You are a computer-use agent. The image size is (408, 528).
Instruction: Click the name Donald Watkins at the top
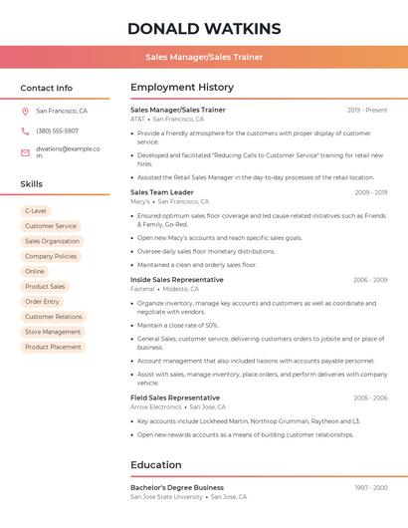204,28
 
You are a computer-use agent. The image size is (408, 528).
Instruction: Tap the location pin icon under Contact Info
25,111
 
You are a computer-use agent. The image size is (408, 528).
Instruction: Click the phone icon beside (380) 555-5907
25,131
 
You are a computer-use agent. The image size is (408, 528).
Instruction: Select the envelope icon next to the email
25,152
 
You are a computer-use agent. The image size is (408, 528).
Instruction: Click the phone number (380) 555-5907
57,131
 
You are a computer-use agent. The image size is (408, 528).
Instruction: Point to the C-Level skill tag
35,211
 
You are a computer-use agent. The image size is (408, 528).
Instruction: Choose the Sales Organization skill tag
52,241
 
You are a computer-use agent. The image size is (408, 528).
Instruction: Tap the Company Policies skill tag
51,256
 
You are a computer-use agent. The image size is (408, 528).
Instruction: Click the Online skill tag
35,271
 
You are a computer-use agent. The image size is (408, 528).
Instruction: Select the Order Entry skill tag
42,302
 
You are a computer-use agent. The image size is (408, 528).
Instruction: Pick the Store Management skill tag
53,332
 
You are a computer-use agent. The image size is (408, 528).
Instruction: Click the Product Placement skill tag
53,347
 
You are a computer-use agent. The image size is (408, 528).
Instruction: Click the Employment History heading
182,87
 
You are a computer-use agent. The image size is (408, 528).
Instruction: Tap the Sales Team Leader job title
162,192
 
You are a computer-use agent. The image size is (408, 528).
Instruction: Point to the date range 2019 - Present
367,110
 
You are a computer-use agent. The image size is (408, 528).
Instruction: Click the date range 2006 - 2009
370,280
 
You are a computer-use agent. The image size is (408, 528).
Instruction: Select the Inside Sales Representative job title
176,280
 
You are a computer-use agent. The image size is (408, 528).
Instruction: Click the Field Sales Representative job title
174,397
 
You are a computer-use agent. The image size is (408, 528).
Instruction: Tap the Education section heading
157,464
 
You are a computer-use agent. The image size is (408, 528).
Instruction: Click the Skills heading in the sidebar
32,184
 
